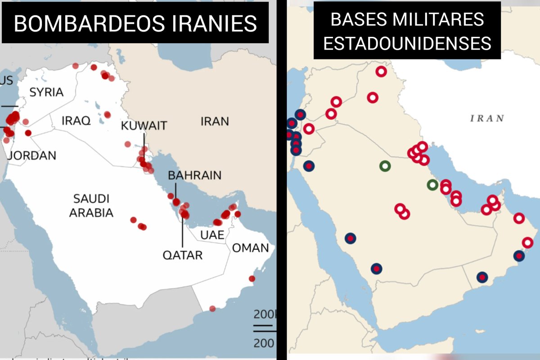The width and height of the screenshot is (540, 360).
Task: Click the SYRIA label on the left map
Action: coord(46,93)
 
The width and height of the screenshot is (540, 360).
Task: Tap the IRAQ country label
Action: coord(76,121)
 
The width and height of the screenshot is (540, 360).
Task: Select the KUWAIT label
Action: coord(144,126)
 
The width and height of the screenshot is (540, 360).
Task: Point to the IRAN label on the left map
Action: coord(215,121)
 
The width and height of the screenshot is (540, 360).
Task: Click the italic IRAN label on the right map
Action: coord(487,118)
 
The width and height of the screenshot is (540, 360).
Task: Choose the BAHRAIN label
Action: coord(195,175)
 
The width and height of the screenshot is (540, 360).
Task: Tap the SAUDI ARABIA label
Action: coord(91,206)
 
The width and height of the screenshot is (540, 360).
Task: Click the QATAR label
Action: coord(182,255)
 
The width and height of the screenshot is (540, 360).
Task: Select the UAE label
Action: coord(212,235)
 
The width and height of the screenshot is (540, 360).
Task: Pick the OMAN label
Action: coord(250,247)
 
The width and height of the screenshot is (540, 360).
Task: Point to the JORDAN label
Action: coord(32,156)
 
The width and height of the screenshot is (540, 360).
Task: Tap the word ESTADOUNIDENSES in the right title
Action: coord(407,44)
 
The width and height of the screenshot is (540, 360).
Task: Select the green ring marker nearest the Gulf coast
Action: coord(432,184)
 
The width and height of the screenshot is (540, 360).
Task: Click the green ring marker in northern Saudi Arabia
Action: coord(385,166)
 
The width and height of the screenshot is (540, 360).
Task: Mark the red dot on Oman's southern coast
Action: coord(212,309)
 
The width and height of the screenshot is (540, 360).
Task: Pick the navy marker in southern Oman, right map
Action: coord(482,277)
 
